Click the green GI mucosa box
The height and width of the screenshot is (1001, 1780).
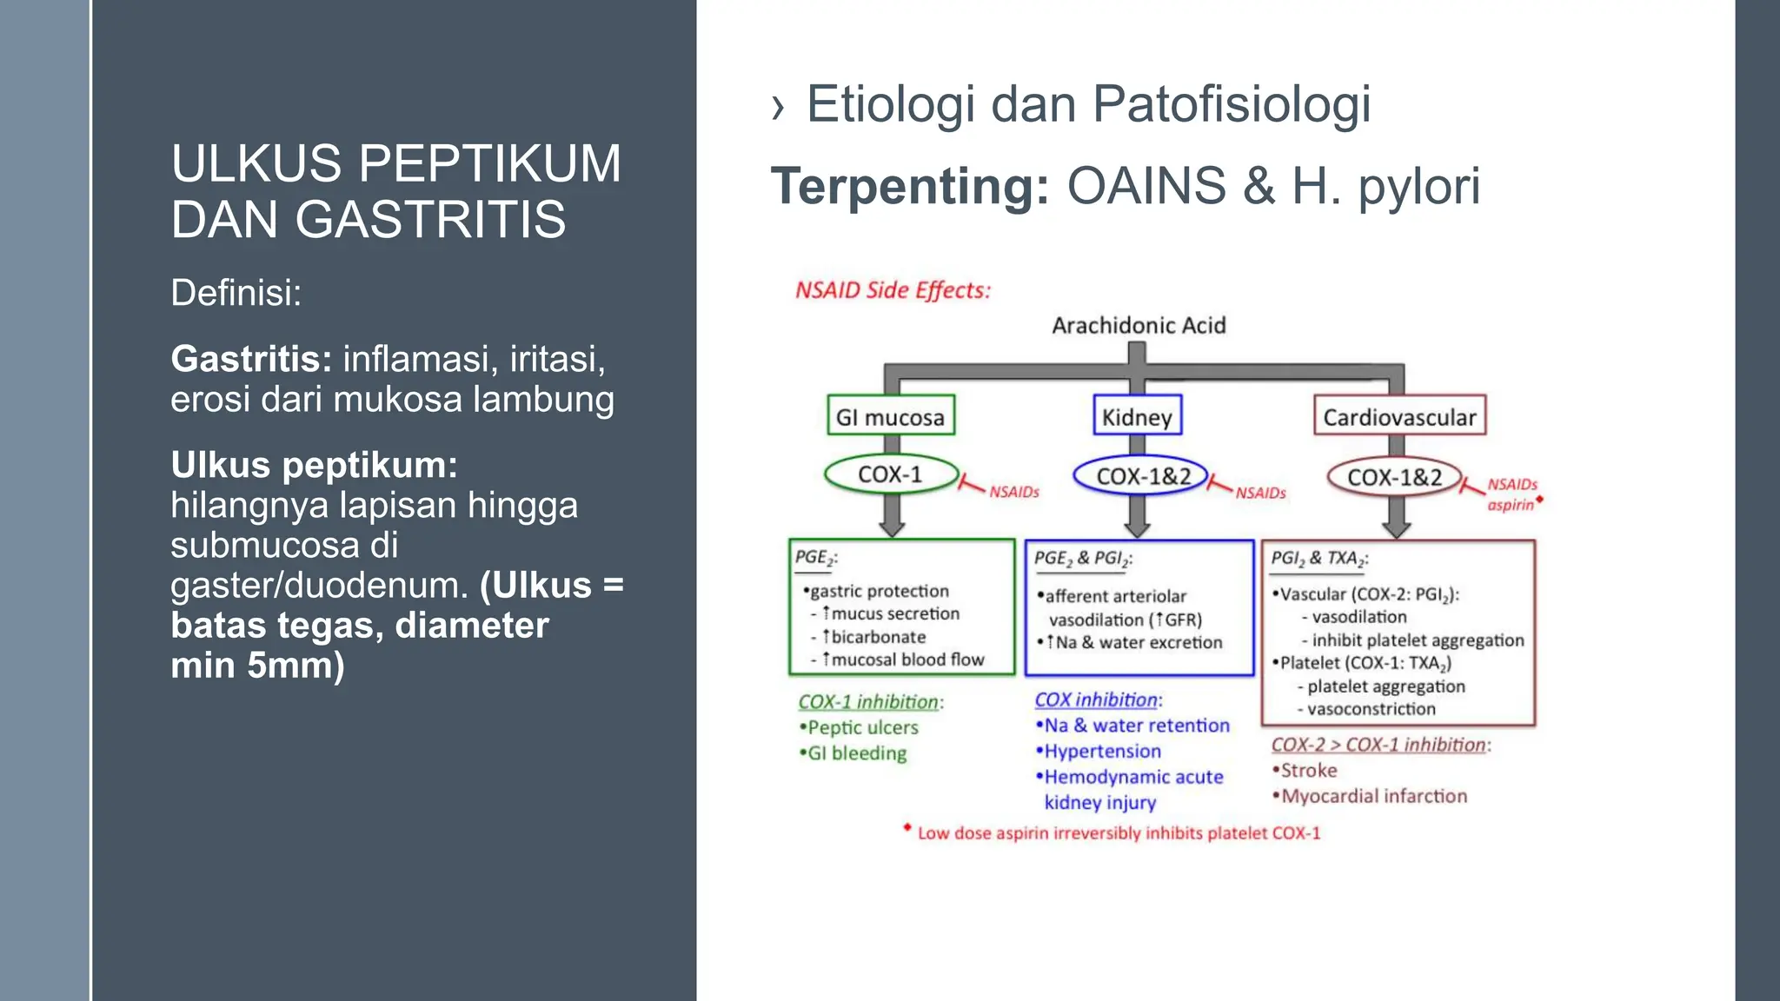(890, 416)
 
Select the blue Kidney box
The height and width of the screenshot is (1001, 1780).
(1137, 416)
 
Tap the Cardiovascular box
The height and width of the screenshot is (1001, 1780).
(1399, 416)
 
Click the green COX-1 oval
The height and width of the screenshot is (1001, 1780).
(890, 474)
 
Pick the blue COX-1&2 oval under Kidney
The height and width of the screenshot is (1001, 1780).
(1142, 476)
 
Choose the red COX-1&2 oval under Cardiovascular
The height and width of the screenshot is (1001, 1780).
(1394, 477)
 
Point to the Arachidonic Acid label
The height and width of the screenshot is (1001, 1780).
(1139, 325)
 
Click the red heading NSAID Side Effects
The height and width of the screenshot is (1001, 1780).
(893, 290)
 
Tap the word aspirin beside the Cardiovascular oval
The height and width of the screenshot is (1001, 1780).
(1511, 505)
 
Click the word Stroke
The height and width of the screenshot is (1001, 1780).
(1308, 770)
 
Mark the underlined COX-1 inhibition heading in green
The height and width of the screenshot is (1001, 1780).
(869, 702)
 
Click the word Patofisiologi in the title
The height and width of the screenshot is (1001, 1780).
(1232, 104)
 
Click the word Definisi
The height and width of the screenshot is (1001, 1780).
(236, 293)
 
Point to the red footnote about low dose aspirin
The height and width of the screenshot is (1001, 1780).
(1118, 833)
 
